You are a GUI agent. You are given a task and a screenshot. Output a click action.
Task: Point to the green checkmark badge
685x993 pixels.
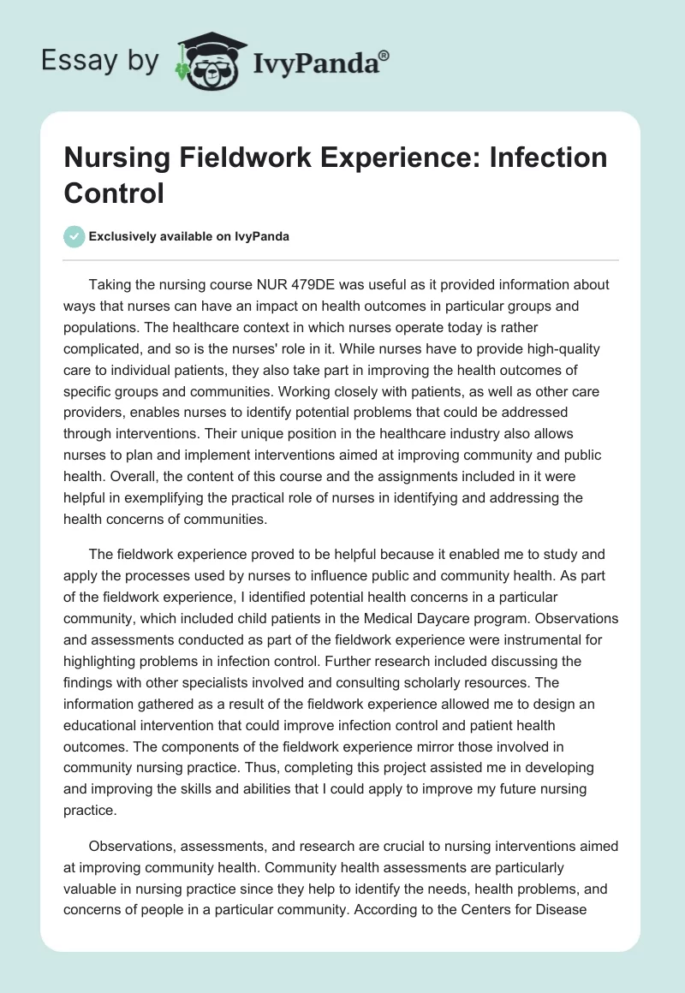point(74,236)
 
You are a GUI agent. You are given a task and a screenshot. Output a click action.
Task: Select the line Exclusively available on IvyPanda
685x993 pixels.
point(188,236)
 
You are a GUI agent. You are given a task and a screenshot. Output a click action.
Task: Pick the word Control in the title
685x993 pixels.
point(114,193)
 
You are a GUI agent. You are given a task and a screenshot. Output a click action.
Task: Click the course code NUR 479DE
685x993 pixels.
point(318,284)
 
